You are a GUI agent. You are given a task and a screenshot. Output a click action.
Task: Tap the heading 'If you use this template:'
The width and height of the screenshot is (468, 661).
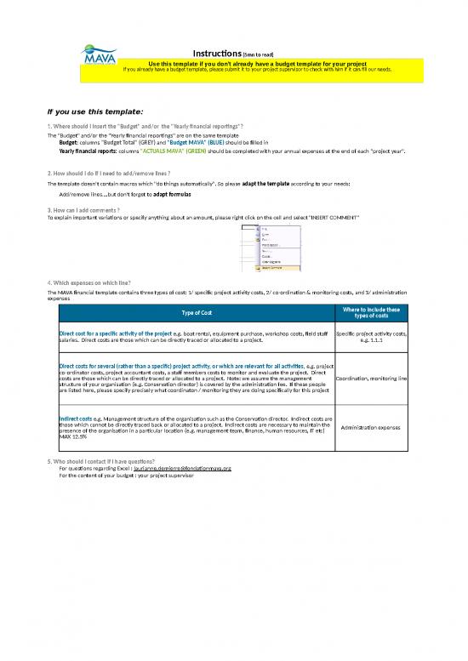coord(95,111)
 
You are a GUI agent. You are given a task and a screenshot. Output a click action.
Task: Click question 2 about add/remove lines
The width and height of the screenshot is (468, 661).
coord(111,172)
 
